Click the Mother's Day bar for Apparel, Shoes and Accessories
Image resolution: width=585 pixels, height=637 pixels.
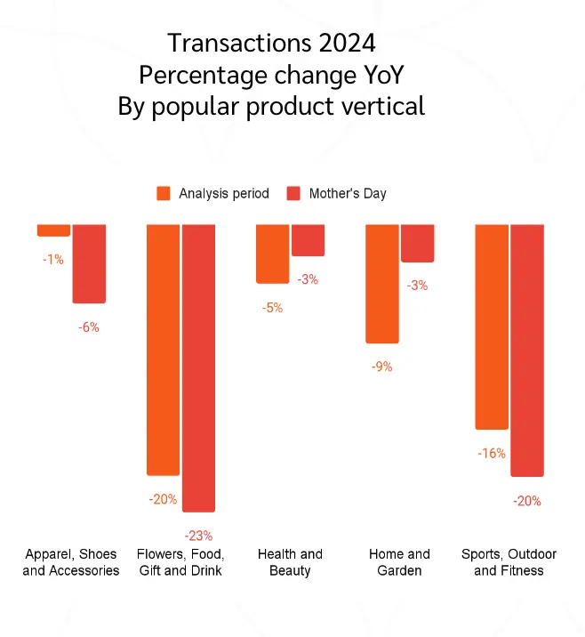pyautogui.click(x=89, y=263)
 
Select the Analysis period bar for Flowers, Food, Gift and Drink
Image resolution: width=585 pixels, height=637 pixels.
pyautogui.click(x=164, y=349)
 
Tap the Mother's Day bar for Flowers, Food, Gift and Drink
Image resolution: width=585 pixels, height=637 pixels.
pyautogui.click(x=198, y=367)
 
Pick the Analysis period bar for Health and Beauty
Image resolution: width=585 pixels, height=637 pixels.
pyautogui.click(x=272, y=254)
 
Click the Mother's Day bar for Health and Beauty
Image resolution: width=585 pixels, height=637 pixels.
pyautogui.click(x=308, y=240)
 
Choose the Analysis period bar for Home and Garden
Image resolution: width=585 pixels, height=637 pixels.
pyautogui.click(x=382, y=283)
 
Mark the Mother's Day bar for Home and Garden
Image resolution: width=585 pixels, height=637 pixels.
pyautogui.click(x=417, y=243)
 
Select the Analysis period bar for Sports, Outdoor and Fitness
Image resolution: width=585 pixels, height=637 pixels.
pyautogui.click(x=492, y=327)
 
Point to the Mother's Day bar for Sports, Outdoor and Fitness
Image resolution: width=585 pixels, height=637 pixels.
pyautogui.click(x=526, y=350)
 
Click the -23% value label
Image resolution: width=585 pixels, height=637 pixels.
pyautogui.click(x=198, y=536)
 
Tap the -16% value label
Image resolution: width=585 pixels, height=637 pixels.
pyautogui.click(x=491, y=454)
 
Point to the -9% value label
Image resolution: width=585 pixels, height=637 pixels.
pyautogui.click(x=382, y=367)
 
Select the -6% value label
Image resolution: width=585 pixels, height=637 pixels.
pyautogui.click(x=89, y=327)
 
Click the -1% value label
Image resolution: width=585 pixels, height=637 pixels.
pyautogui.click(x=53, y=260)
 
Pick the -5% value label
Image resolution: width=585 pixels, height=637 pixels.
pyautogui.click(x=272, y=308)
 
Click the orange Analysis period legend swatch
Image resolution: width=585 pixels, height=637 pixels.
pyautogui.click(x=164, y=193)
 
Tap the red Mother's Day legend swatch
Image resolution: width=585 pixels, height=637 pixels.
pyautogui.click(x=293, y=193)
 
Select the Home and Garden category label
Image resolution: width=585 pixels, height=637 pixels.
pyautogui.click(x=399, y=562)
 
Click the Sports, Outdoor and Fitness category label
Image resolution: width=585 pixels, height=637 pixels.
pyautogui.click(x=509, y=562)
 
